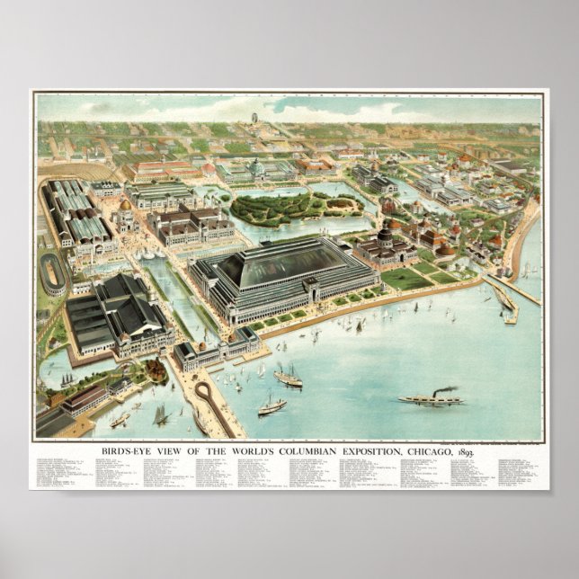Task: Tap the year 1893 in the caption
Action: (466, 451)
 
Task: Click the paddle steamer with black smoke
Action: (430, 396)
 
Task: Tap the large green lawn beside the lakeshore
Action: (406, 279)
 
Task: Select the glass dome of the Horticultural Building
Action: (257, 167)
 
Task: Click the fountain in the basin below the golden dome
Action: (149, 254)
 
